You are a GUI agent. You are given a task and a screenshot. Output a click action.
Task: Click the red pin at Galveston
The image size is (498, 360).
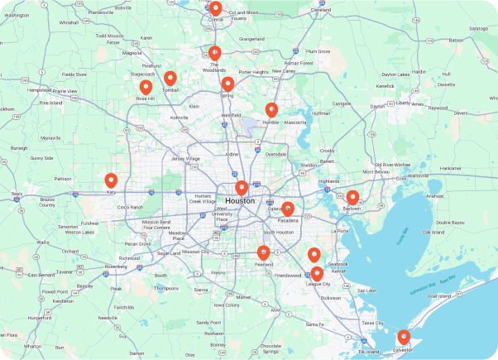(404, 336)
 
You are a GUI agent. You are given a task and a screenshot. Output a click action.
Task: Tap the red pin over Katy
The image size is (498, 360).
(111, 180)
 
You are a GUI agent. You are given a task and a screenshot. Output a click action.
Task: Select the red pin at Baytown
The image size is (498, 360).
(352, 196)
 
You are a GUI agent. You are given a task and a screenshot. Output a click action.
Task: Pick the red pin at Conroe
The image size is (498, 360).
(216, 7)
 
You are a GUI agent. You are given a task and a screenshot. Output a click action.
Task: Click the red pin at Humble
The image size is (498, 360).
(271, 108)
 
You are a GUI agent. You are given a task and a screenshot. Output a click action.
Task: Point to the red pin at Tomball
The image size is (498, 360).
(170, 78)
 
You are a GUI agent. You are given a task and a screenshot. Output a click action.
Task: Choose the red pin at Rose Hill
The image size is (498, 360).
(146, 86)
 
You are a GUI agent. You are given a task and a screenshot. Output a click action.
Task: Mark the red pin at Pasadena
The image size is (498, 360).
(288, 209)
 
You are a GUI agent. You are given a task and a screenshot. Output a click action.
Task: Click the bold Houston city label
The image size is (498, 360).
(240, 201)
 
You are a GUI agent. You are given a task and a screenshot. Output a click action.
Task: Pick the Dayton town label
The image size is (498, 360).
(378, 106)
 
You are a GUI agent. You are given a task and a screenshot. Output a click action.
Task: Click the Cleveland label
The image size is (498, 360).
(320, 10)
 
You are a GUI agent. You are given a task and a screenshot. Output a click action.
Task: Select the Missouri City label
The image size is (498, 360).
(195, 251)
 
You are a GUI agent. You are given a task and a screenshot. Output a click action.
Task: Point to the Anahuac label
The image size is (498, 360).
(433, 196)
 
